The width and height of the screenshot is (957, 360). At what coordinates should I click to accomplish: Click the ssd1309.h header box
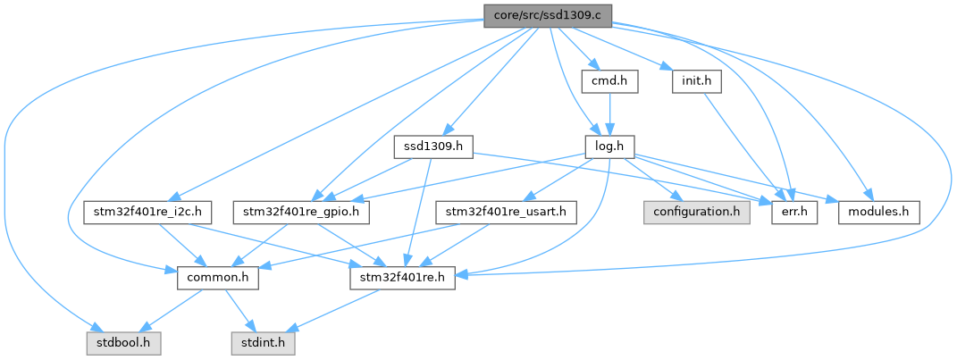tap(432, 146)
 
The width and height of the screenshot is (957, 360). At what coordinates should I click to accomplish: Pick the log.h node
tap(609, 146)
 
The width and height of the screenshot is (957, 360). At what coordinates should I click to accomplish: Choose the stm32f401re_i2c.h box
tap(145, 213)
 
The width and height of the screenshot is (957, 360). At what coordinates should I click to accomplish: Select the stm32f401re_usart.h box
tap(507, 213)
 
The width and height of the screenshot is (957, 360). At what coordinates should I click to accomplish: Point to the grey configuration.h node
tap(696, 213)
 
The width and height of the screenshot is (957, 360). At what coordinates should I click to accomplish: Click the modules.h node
tap(879, 213)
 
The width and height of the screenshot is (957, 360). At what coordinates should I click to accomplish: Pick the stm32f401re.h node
tap(401, 278)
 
